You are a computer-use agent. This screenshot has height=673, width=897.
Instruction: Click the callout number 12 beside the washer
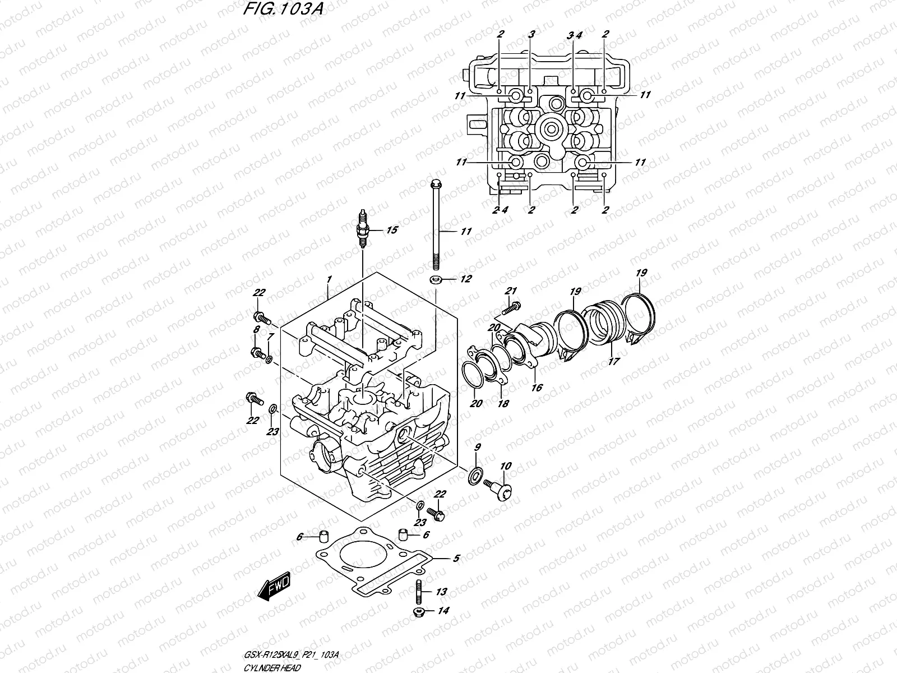click(x=466, y=279)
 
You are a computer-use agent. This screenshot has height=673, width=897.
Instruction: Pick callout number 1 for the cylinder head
click(x=329, y=279)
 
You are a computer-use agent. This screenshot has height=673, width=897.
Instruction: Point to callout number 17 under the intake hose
click(x=614, y=361)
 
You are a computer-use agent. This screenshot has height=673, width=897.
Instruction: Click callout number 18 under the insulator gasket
click(x=503, y=403)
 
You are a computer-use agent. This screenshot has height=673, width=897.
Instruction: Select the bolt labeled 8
click(x=259, y=353)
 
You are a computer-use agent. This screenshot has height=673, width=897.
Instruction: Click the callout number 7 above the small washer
click(x=270, y=336)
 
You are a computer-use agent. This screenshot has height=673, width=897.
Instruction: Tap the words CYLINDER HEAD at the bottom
click(x=271, y=667)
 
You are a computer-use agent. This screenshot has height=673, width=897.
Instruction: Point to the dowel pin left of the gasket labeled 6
click(x=322, y=536)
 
